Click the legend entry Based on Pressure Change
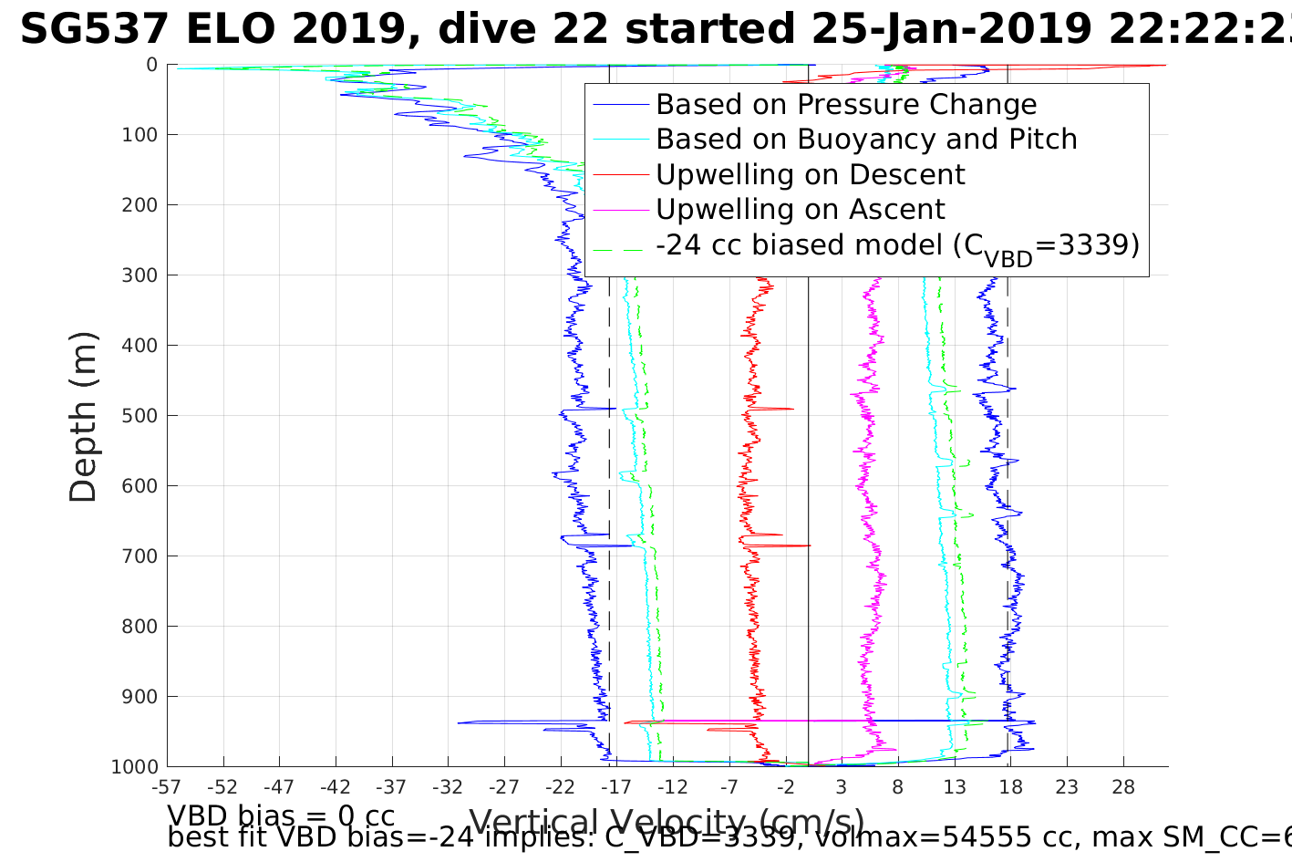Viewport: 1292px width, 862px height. (x=846, y=105)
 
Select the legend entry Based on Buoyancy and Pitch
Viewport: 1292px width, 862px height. (x=866, y=140)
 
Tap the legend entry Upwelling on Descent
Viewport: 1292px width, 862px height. (x=810, y=174)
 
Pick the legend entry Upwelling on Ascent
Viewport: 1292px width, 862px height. (x=801, y=210)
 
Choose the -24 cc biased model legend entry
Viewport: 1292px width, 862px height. (x=897, y=246)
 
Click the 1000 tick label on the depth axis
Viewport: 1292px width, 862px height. (x=134, y=767)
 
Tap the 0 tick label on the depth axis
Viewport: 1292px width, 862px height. (x=151, y=65)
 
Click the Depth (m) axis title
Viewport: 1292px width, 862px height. (x=83, y=416)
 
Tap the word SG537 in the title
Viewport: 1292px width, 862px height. (x=94, y=30)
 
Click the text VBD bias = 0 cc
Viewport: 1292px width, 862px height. (x=281, y=815)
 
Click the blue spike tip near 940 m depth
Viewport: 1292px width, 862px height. (x=459, y=722)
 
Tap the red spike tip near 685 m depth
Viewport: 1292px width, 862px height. (x=810, y=545)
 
